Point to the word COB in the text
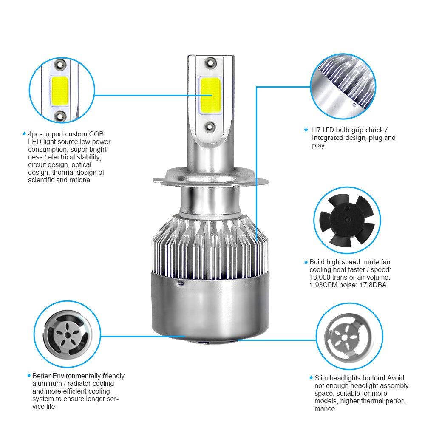[97, 134]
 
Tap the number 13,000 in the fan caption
[322, 278]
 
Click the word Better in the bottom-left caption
[42, 376]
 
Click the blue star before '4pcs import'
[24, 133]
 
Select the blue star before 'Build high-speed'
[306, 262]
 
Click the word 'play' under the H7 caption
[318, 145]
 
